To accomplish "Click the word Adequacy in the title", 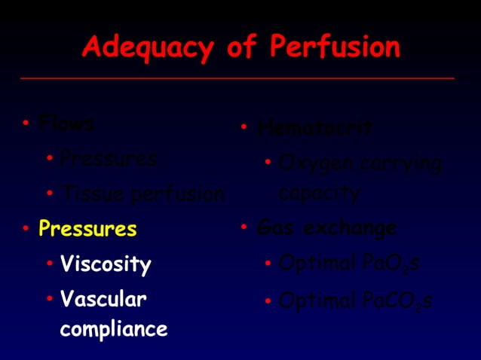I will click(148, 47).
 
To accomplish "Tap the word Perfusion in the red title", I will click(334, 47).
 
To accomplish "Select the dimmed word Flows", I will click(66, 124).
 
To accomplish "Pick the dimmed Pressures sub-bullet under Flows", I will click(109, 159).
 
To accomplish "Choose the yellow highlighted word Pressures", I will click(87, 228).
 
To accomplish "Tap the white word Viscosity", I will click(106, 264).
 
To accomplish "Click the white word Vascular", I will click(103, 300).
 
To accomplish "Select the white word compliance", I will click(114, 329).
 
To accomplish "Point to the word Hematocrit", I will click(314, 128).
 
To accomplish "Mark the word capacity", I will click(319, 193).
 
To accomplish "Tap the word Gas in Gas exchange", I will click(273, 227).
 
